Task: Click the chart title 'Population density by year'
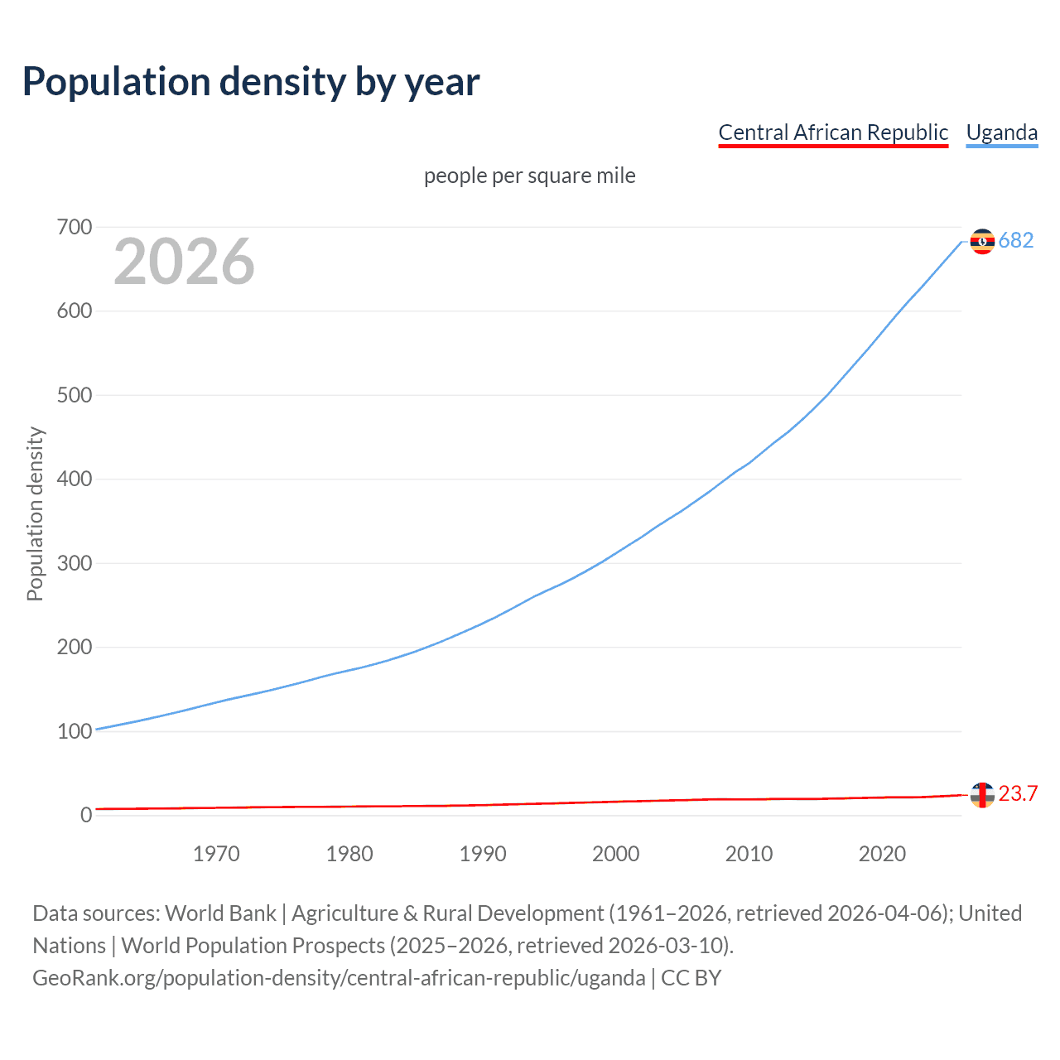251,82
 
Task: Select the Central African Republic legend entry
833,132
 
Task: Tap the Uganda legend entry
1002,132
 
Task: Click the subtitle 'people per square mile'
530,176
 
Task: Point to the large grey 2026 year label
184,262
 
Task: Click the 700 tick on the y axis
75,227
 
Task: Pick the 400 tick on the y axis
75,479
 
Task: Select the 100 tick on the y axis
75,731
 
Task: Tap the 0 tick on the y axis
86,815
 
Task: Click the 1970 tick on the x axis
216,854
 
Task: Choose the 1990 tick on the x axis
483,854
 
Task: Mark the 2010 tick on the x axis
749,854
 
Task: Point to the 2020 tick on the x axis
882,854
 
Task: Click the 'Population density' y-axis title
35,513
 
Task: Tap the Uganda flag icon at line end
982,241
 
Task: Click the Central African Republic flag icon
982,795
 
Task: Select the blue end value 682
1016,241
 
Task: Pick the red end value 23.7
1018,794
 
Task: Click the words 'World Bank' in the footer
220,913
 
